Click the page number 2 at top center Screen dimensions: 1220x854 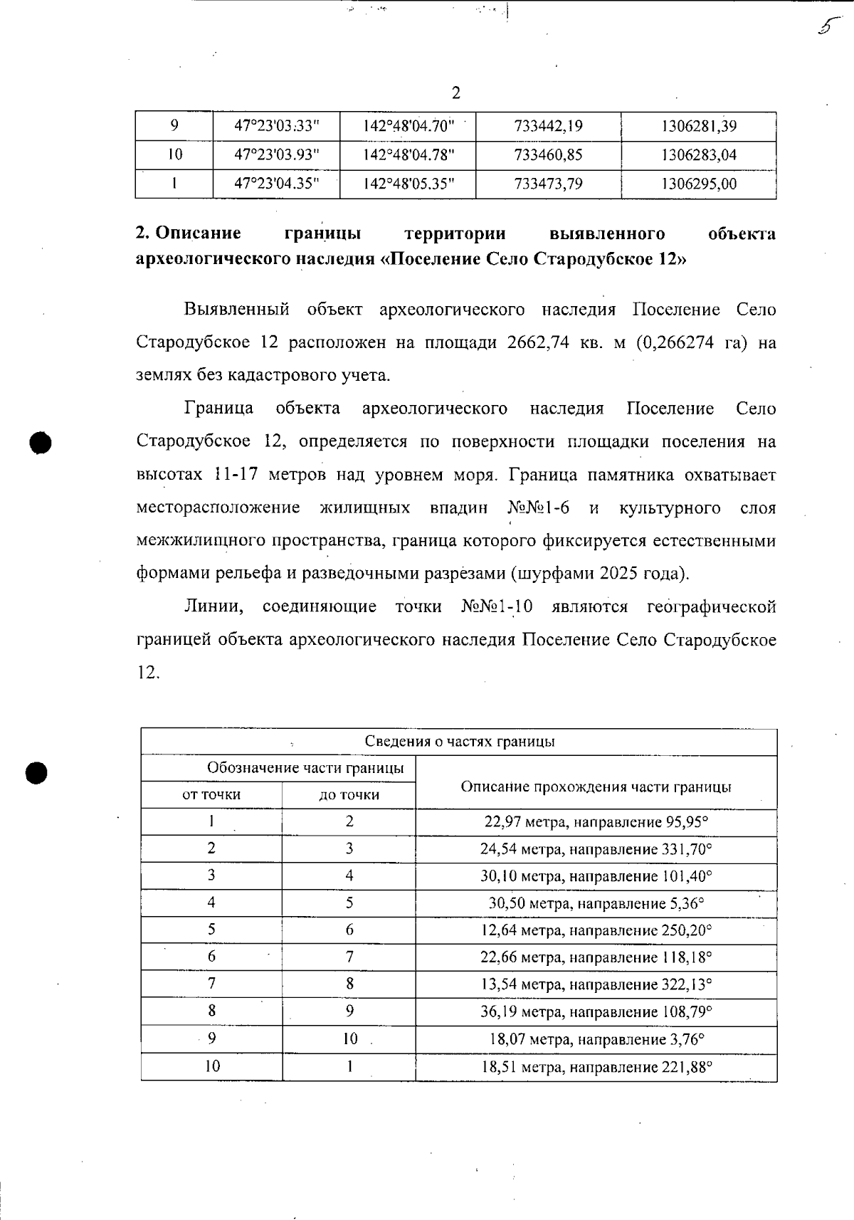[455, 93]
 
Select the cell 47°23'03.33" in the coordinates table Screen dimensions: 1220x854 [276, 126]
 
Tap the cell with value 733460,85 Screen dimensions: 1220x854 [548, 154]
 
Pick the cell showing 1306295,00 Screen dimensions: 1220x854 [698, 184]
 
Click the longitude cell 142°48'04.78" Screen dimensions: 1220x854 [408, 154]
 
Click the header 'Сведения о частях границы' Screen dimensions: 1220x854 [459, 742]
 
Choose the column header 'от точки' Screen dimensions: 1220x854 [211, 794]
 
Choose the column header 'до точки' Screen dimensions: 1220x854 [349, 794]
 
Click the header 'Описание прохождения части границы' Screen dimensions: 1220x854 [596, 787]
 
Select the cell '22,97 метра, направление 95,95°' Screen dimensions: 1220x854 [596, 822]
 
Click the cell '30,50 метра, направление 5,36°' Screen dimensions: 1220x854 [596, 903]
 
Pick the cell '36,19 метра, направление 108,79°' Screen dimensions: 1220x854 [596, 1011]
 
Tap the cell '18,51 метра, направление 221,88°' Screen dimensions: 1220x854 [596, 1067]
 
